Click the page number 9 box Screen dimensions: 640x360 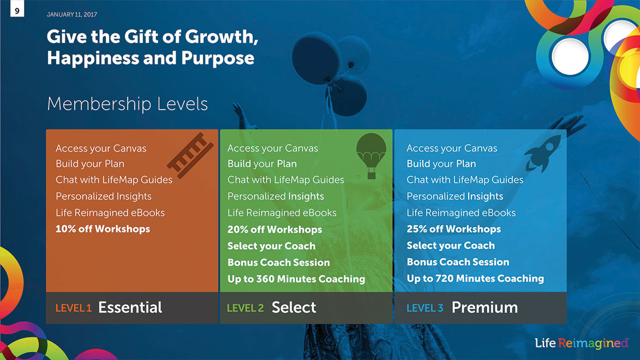(17, 9)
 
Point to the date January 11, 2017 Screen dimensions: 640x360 (72, 15)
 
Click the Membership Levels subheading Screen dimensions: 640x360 (127, 104)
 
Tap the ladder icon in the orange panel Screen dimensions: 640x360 (190, 155)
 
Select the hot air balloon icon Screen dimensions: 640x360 (371, 155)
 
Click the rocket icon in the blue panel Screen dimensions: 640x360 (542, 153)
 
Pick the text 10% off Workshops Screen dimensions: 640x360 (103, 229)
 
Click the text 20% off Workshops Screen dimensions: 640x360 (274, 230)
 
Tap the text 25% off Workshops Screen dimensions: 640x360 (453, 229)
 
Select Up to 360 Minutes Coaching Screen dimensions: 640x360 (296, 279)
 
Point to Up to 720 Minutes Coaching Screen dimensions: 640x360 (475, 278)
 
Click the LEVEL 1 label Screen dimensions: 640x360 (74, 308)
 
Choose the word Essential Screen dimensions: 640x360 (130, 307)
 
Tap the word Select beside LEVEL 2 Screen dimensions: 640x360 (294, 307)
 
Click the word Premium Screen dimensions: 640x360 (485, 307)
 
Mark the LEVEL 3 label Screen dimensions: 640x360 (424, 308)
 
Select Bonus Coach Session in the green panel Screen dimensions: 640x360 (279, 262)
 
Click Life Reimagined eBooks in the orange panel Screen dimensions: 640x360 (110, 213)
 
